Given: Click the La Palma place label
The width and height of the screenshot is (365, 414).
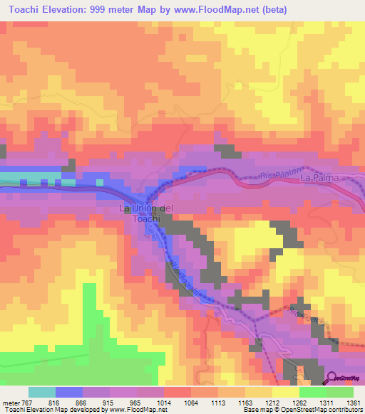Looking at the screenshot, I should pos(317,177).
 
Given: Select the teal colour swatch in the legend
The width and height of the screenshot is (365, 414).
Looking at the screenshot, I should pos(41,392).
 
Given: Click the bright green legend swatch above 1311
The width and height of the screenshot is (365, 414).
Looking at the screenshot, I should pos(312,392).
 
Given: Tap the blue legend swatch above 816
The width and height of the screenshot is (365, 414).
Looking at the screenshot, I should pos(68,392).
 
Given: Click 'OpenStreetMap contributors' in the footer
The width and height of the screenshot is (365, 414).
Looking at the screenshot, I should pos(321,410).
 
